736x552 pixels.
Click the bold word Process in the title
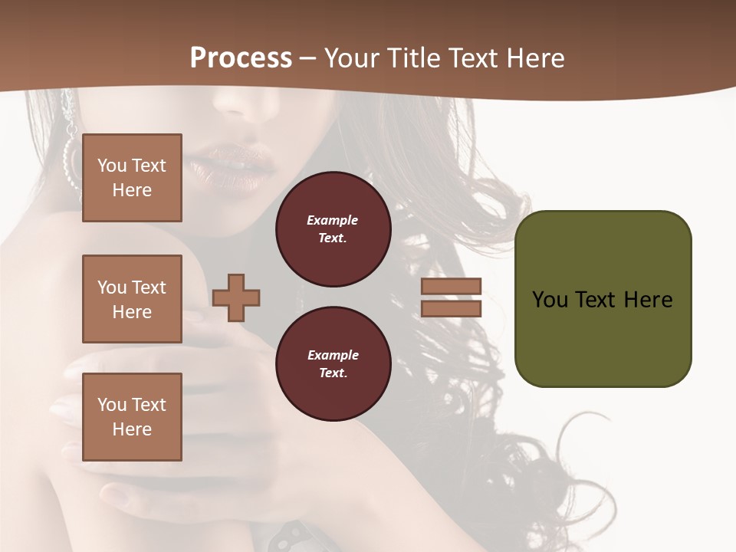(241, 58)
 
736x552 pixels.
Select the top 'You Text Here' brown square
(132, 178)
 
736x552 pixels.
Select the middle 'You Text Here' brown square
(132, 299)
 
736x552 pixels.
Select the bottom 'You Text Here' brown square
(132, 416)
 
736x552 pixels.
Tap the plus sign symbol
(236, 297)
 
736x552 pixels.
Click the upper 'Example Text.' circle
(333, 229)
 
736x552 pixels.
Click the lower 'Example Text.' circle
(333, 364)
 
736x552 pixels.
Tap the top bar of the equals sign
(451, 287)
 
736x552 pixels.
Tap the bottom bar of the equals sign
(451, 308)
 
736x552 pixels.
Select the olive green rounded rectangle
(603, 337)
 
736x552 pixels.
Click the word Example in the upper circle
(333, 220)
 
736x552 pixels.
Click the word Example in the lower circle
(333, 355)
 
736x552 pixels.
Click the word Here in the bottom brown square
(132, 429)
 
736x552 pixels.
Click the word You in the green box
(550, 300)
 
